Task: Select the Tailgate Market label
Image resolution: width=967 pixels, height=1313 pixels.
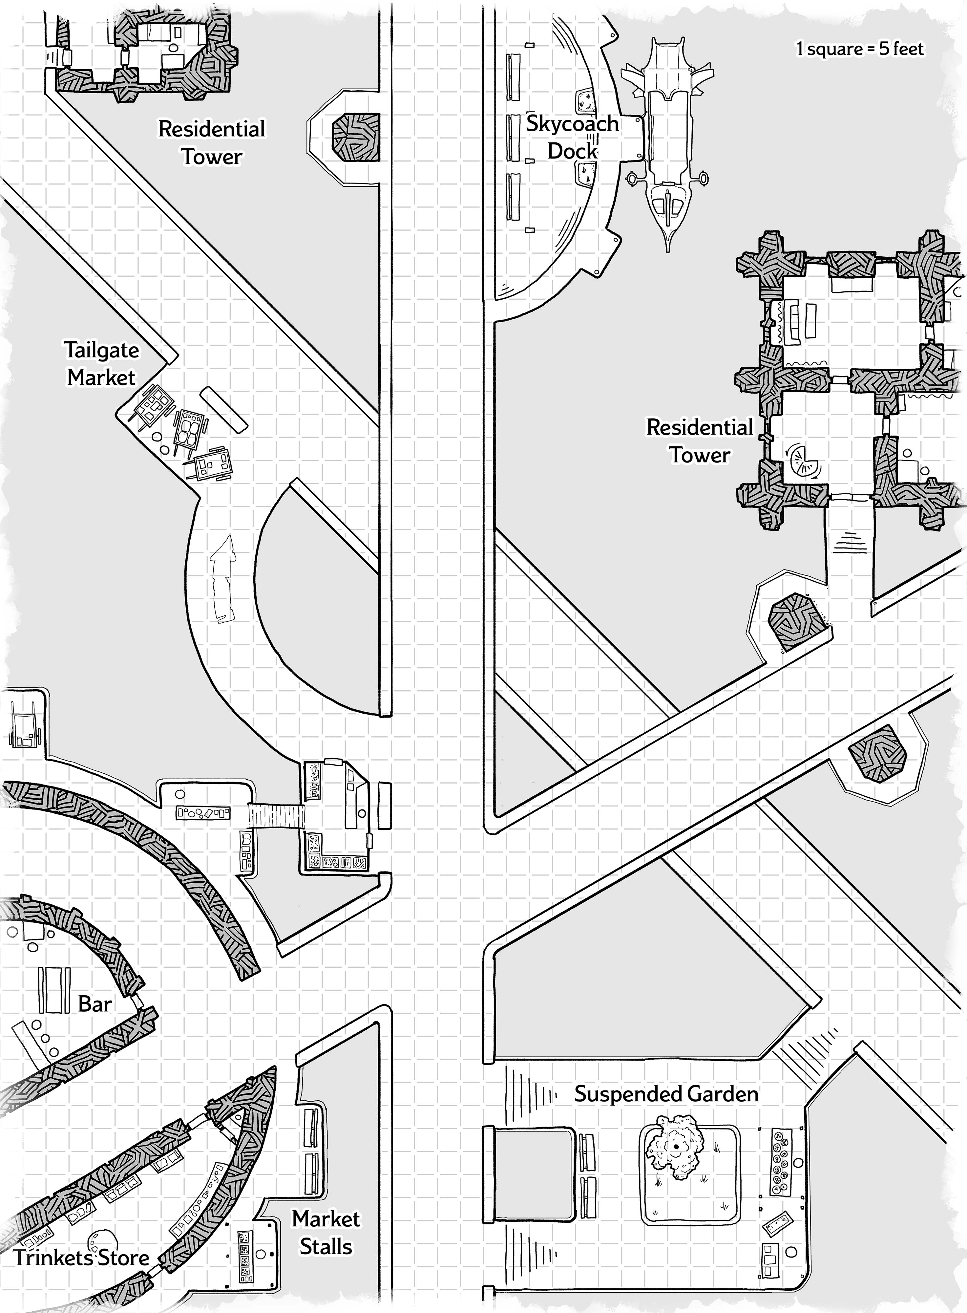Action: tap(102, 364)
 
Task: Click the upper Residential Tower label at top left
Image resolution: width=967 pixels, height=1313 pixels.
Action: tap(212, 142)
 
